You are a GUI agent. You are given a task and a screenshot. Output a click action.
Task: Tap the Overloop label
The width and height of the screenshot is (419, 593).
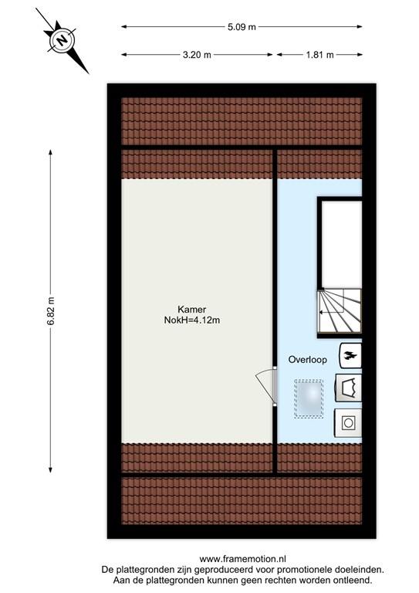[x=307, y=359]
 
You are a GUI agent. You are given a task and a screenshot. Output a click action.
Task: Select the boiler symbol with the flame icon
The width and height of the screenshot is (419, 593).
[x=349, y=355]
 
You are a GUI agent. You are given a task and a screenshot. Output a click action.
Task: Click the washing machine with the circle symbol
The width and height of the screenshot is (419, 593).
[x=348, y=422]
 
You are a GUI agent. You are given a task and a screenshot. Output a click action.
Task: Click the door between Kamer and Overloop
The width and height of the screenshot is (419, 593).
[x=268, y=386]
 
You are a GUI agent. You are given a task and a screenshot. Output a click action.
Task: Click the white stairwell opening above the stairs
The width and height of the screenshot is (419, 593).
[x=340, y=243]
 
